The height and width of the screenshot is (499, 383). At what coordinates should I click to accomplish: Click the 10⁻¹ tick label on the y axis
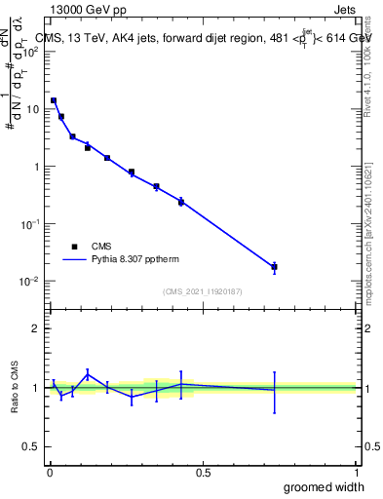(33, 224)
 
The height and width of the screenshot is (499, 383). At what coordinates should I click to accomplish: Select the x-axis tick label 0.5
(203, 473)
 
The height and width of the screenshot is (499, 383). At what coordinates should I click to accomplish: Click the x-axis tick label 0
(50, 473)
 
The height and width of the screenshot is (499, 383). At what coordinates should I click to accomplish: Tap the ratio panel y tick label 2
(36, 328)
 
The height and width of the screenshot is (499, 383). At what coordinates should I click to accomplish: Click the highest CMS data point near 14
(54, 100)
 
